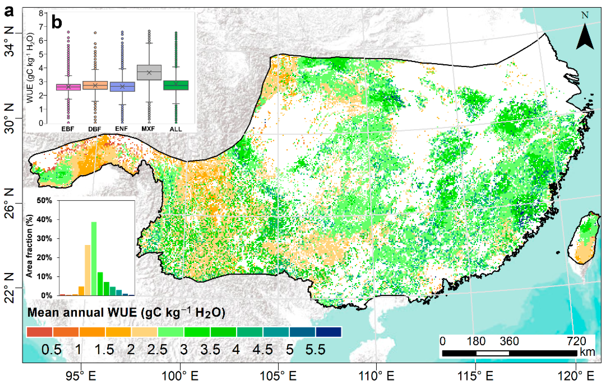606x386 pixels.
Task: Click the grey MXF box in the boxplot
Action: (149, 72)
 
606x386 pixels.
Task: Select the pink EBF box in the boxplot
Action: (68, 87)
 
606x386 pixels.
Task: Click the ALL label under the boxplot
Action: (176, 129)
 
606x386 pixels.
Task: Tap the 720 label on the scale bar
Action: (576, 341)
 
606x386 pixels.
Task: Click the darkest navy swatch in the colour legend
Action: (328, 332)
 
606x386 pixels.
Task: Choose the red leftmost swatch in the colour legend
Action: (39, 332)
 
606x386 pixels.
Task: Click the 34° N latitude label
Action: (10, 41)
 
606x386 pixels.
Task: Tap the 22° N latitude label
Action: (10, 288)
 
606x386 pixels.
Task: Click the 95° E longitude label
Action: (81, 376)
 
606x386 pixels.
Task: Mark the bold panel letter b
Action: (57, 22)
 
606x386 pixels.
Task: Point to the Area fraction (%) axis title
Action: (30, 246)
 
